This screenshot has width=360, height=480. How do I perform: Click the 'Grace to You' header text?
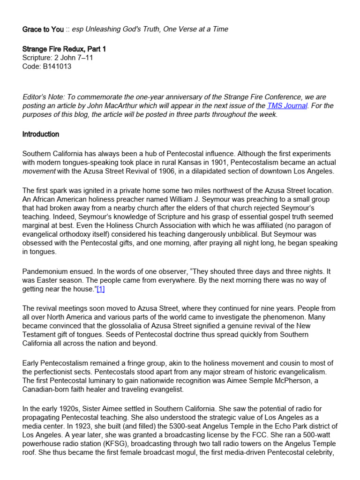coord(43,29)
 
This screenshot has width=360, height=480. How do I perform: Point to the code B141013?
coord(58,67)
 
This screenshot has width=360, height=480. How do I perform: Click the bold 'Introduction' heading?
coord(41,134)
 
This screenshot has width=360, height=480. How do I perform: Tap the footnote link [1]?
coord(100,289)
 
